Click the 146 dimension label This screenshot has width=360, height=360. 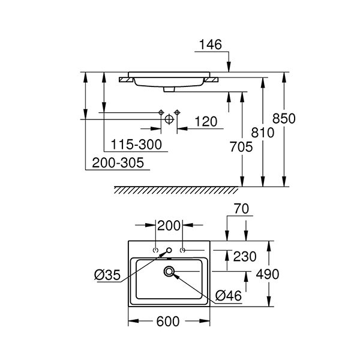[211, 44]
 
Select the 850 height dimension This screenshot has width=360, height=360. [284, 119]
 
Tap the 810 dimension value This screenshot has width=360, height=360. [263, 133]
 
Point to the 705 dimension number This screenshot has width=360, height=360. [241, 147]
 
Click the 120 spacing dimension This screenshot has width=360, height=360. [206, 122]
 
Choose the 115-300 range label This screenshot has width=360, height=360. [136, 145]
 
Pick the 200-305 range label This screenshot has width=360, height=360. [118, 163]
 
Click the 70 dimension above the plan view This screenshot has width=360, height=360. [241, 209]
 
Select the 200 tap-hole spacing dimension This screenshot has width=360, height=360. [169, 226]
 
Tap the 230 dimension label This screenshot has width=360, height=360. [245, 256]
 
